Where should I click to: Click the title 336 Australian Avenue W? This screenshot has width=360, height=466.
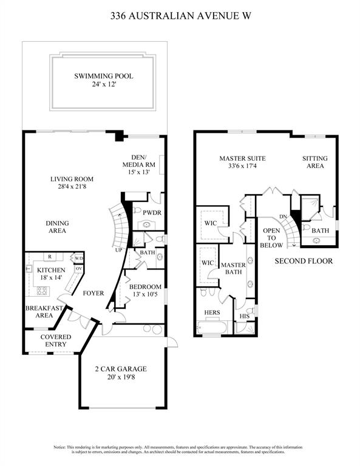click(180, 15)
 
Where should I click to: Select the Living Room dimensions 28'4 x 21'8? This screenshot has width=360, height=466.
click(72, 187)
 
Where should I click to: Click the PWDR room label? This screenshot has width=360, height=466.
click(152, 213)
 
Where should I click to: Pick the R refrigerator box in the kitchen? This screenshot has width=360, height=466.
click(50, 257)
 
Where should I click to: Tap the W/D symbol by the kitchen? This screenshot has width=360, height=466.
click(79, 258)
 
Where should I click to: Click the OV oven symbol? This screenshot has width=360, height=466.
click(79, 269)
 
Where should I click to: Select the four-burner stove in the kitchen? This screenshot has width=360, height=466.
click(42, 291)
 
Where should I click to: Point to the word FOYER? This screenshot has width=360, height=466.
click(93, 293)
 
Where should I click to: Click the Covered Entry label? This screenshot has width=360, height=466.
click(56, 340)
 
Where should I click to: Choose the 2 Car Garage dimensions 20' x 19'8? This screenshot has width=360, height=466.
click(121, 377)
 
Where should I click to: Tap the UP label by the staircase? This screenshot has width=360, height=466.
click(118, 250)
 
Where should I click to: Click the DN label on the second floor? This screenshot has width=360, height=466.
click(283, 217)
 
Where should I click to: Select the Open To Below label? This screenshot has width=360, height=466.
click(271, 238)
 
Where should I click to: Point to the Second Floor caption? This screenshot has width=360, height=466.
click(304, 262)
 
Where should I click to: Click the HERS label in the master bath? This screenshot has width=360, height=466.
click(212, 312)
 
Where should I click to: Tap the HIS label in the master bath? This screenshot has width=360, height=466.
click(245, 316)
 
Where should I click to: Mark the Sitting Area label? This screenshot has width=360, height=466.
click(315, 162)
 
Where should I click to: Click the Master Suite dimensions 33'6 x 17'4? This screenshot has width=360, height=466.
click(243, 166)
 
